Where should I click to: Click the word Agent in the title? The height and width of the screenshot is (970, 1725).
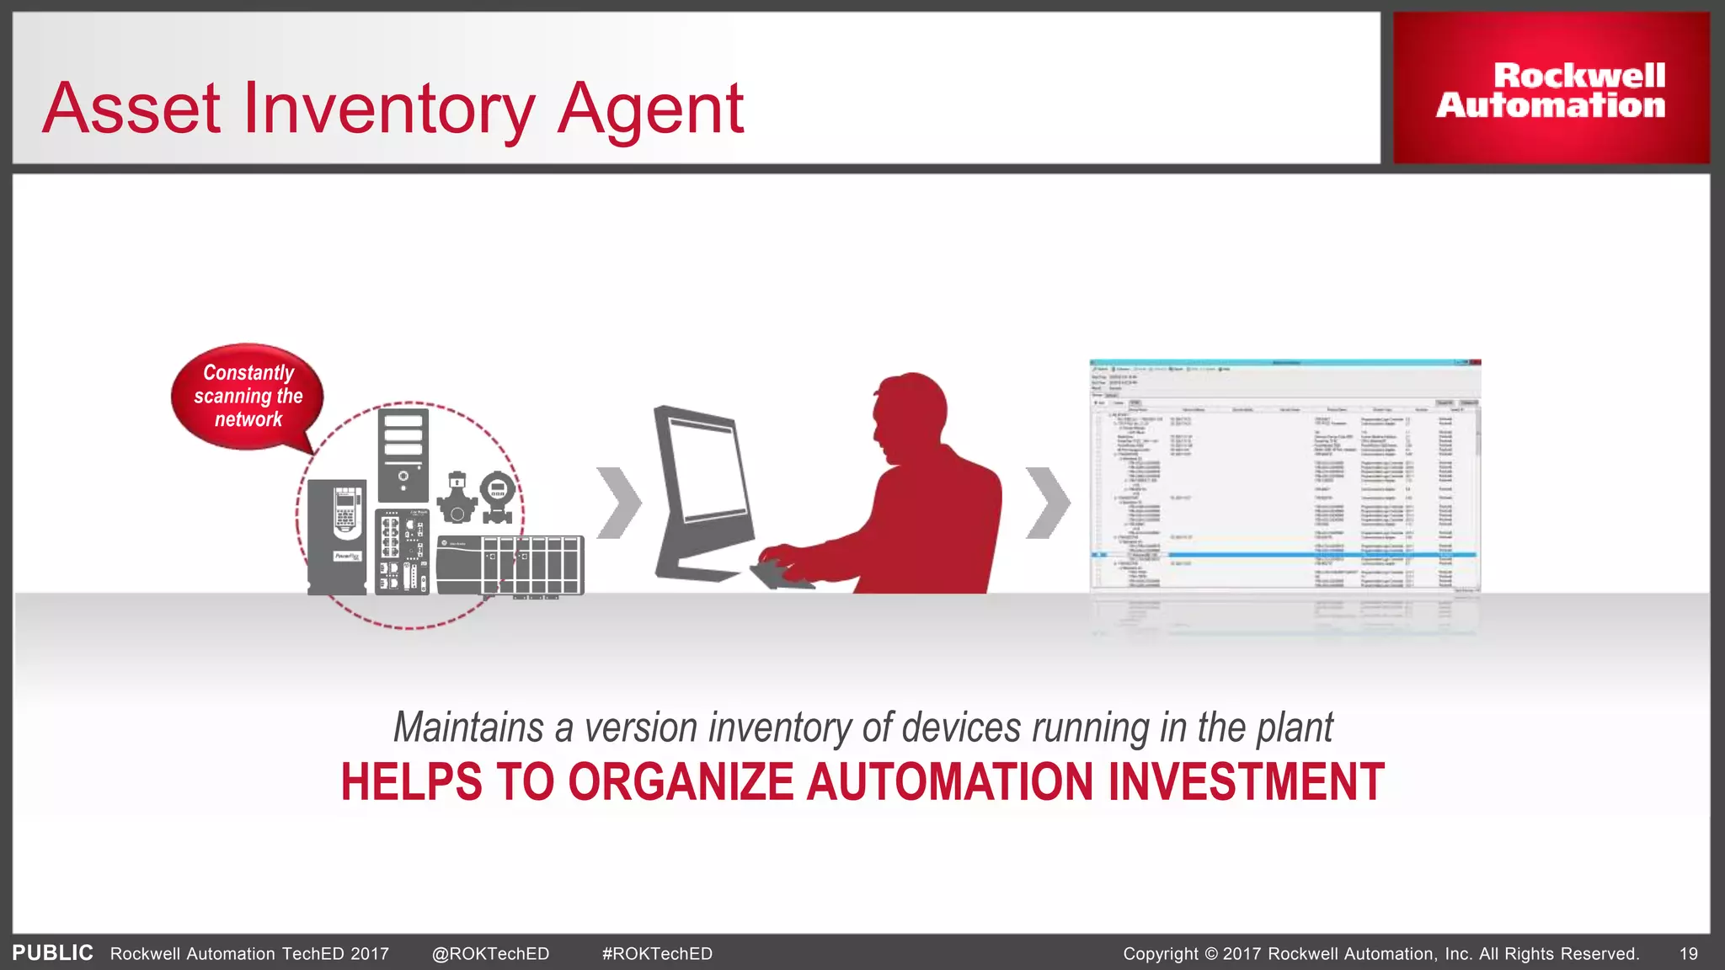click(x=650, y=109)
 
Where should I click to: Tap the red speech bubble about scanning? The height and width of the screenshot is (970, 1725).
click(x=248, y=396)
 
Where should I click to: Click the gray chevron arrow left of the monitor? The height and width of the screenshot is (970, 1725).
click(x=618, y=503)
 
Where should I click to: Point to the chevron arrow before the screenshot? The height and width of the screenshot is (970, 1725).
click(x=1047, y=503)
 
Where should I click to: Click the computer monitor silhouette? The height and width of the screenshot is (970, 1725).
click(x=703, y=488)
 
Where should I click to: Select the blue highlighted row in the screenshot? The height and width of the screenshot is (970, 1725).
click(x=1284, y=555)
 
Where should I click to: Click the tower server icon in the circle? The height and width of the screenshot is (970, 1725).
click(x=403, y=455)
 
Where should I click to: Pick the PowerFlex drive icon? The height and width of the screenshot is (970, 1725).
click(x=337, y=536)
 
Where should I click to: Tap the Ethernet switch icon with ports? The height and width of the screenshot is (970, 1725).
click(x=402, y=552)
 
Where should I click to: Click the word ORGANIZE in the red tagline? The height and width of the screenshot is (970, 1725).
click(x=681, y=781)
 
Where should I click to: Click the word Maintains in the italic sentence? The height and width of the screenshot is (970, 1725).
click(x=468, y=727)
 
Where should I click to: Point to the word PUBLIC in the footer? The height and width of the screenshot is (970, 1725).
click(x=52, y=953)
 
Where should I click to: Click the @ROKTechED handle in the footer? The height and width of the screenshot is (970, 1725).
click(x=490, y=954)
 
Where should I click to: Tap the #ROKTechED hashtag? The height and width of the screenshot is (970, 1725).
click(x=657, y=954)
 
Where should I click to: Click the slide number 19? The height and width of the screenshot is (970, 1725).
click(x=1688, y=954)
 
